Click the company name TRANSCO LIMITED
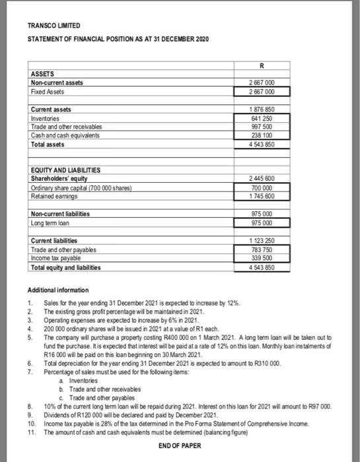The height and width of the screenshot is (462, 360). coord(54,25)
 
